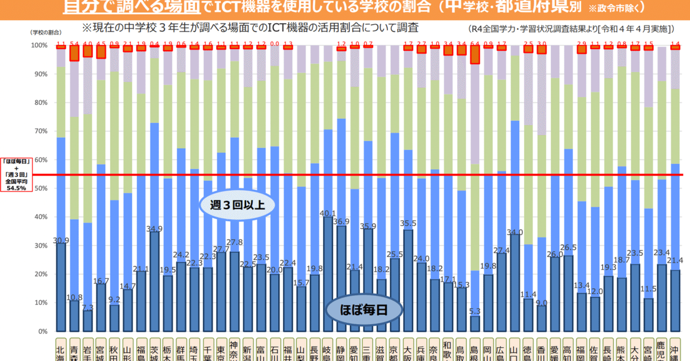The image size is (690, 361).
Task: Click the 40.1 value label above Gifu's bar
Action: [x=327, y=213]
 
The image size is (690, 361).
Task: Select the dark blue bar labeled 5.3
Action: [x=475, y=323]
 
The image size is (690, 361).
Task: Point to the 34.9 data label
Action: [x=154, y=228]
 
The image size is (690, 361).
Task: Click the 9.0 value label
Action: [x=541, y=302]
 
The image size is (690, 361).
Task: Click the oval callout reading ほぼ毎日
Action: [x=365, y=310]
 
